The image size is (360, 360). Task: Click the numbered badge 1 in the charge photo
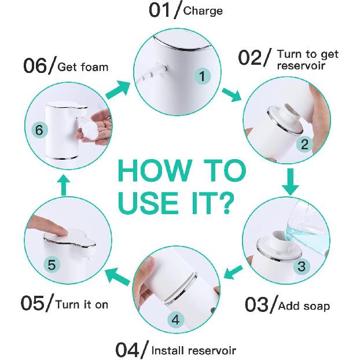tap(202, 76)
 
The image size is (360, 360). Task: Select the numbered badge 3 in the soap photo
tap(302, 267)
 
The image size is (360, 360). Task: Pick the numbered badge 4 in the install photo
tap(176, 319)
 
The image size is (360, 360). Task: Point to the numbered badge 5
tap(52, 265)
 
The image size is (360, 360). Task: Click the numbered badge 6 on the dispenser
tap(39, 131)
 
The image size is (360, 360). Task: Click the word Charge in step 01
tap(203, 10)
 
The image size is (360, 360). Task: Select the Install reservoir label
tap(193, 350)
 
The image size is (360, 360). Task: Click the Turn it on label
tap(81, 304)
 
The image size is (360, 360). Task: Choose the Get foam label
tap(83, 67)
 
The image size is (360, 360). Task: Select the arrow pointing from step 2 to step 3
tap(292, 182)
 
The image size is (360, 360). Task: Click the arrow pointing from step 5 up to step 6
tap(64, 185)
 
